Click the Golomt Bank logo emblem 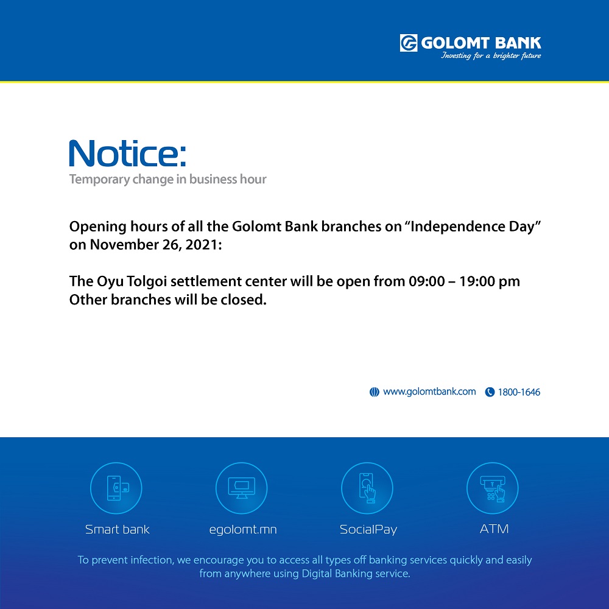(408, 43)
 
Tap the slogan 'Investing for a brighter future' (490, 56)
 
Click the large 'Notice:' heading (127, 153)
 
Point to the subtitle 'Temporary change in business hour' (168, 180)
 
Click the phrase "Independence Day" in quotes (476, 227)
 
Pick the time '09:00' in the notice (426, 281)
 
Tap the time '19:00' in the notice (477, 281)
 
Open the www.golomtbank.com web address (429, 392)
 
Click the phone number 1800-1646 (519, 392)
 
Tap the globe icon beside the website (374, 392)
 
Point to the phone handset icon (490, 392)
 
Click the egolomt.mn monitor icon (242, 488)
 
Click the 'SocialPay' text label (368, 530)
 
